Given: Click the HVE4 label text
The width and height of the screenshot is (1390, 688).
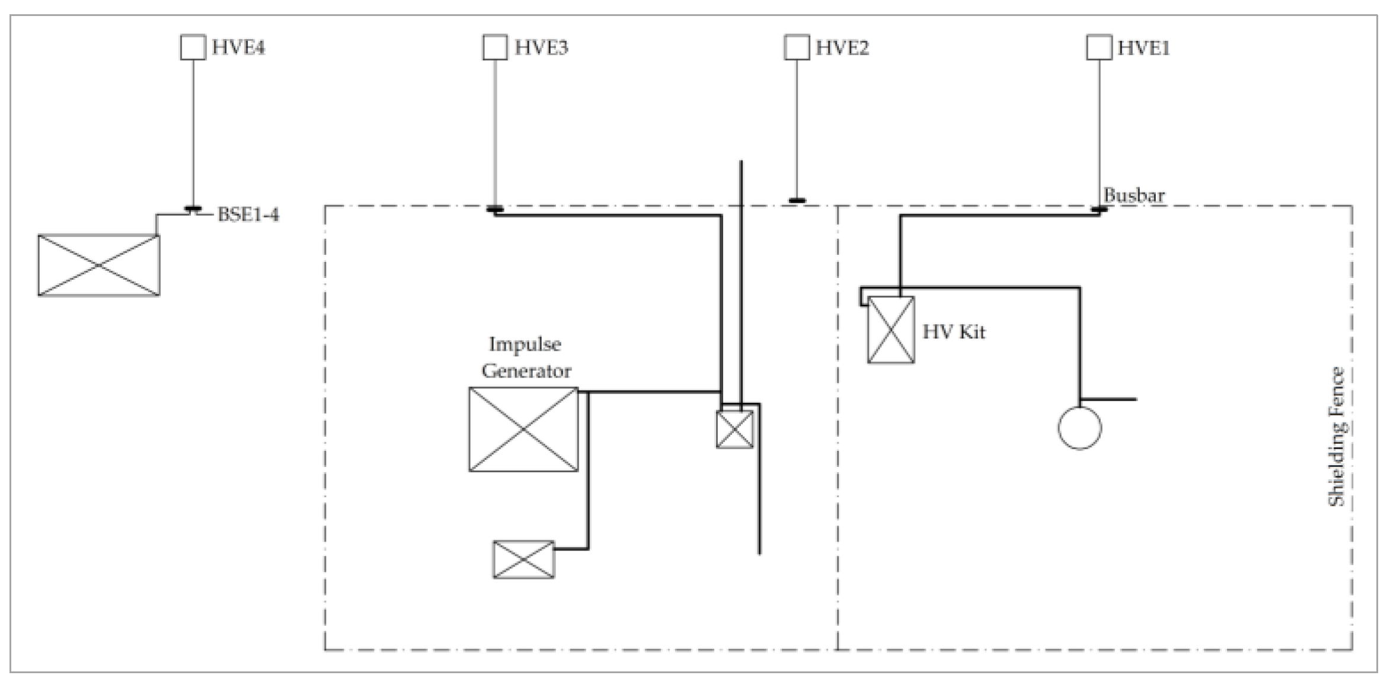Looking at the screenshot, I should [238, 47].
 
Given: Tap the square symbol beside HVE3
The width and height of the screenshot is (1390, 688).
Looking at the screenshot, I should [495, 47].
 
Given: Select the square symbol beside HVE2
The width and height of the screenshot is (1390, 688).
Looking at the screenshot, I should [797, 47].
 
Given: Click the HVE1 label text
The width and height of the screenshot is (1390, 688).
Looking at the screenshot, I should [1143, 47].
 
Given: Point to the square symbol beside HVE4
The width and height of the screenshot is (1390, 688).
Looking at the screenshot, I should [193, 47].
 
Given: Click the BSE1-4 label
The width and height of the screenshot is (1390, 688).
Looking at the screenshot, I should [248, 214].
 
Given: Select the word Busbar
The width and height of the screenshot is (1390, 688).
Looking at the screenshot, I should [1134, 195].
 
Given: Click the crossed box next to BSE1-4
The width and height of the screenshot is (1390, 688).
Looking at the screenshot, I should [99, 265].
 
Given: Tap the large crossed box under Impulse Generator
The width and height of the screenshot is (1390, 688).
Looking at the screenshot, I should [523, 430].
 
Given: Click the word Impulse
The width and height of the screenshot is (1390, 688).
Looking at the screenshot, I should [525, 344].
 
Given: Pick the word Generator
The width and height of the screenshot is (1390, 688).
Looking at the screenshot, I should [526, 371].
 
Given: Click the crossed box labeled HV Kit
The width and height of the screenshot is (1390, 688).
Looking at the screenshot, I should [891, 329].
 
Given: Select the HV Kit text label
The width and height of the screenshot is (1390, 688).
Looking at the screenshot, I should [954, 331].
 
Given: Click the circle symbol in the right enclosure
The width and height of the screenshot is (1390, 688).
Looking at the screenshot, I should [1079, 428].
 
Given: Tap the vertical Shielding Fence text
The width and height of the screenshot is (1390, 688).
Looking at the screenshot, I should [1337, 437].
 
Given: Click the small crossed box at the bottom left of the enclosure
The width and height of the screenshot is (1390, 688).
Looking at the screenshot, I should [524, 559].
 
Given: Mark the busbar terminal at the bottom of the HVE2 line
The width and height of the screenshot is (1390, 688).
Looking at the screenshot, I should [797, 200].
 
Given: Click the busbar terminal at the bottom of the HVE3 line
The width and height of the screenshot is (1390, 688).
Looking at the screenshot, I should [495, 209].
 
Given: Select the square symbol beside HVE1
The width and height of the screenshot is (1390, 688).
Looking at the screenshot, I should [1099, 47].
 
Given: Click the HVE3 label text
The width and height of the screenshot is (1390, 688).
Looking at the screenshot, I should [541, 47].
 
